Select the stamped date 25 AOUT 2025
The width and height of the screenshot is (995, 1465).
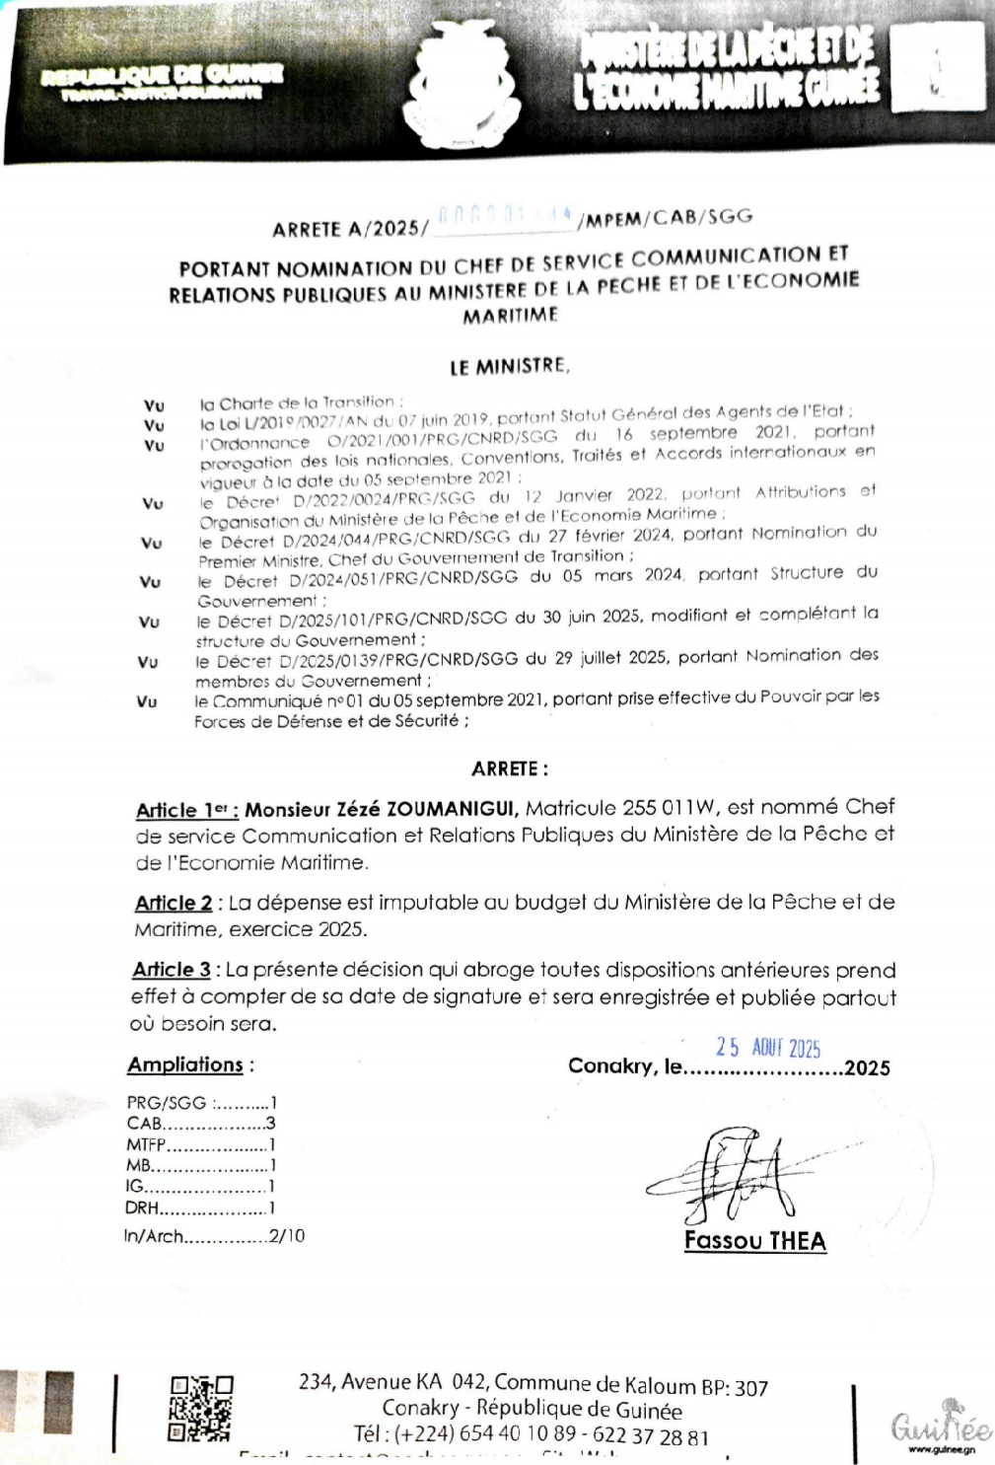point(768,1048)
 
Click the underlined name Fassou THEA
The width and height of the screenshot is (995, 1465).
point(755,1241)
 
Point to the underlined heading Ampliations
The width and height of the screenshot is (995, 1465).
point(185,1065)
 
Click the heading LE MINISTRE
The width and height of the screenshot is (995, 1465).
point(509,367)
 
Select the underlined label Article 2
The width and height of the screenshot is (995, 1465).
point(174,903)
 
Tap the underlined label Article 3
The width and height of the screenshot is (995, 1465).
point(172,970)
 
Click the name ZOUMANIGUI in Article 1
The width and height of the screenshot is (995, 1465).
point(453,810)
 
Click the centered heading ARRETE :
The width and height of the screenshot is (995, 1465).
point(510,769)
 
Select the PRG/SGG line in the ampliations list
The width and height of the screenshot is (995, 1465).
point(201,1103)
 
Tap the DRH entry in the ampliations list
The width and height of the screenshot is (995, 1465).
point(199,1208)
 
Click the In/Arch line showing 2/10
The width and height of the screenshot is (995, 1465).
point(214,1235)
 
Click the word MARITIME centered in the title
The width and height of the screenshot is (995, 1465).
point(510,317)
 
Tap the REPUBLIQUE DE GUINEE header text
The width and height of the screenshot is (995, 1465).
point(163,77)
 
